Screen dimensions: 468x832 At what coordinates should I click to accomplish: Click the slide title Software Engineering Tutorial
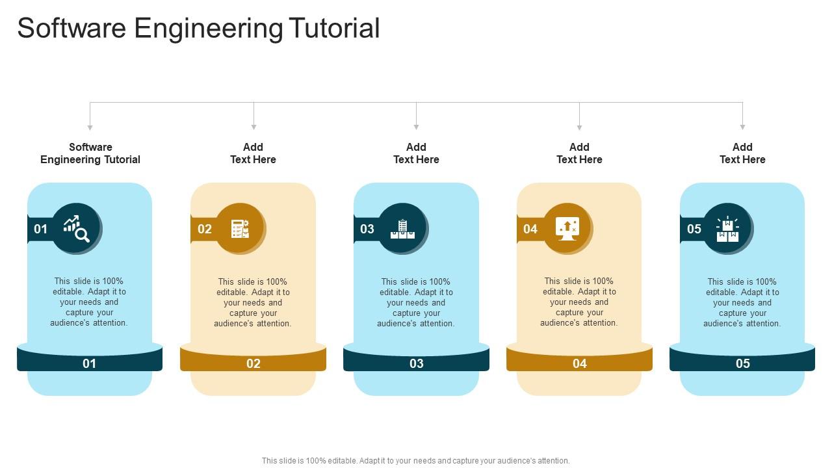pyautogui.click(x=198, y=29)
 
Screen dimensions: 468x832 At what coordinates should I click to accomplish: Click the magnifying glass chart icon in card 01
pyautogui.click(x=76, y=228)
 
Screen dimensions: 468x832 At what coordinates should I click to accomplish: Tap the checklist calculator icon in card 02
pyautogui.click(x=240, y=229)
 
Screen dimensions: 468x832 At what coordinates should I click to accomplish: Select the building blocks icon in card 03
pyautogui.click(x=402, y=229)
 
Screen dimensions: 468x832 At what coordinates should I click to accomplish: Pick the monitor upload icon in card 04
pyautogui.click(x=567, y=229)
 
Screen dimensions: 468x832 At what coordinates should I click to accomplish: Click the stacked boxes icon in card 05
pyautogui.click(x=727, y=229)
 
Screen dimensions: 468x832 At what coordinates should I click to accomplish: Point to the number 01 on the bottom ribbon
pyautogui.click(x=89, y=363)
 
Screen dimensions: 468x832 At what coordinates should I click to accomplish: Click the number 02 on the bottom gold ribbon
pyautogui.click(x=253, y=363)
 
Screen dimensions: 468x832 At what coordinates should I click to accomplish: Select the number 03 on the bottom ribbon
pyautogui.click(x=416, y=363)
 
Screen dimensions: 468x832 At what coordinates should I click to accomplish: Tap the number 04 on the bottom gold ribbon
pyautogui.click(x=579, y=363)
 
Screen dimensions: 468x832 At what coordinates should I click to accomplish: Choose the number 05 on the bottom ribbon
pyautogui.click(x=742, y=363)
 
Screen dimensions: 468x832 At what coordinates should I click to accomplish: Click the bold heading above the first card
pyautogui.click(x=90, y=153)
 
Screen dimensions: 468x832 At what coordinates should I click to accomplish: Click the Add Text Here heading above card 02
pyautogui.click(x=253, y=153)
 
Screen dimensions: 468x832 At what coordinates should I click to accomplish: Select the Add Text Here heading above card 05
pyautogui.click(x=742, y=153)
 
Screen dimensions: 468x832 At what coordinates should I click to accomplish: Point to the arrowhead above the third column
pyautogui.click(x=416, y=127)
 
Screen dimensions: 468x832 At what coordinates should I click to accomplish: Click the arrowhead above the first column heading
pyautogui.click(x=90, y=127)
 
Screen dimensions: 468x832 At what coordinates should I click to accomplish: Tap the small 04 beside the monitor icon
pyautogui.click(x=530, y=229)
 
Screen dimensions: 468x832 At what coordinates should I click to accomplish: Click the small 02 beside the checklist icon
pyautogui.click(x=205, y=229)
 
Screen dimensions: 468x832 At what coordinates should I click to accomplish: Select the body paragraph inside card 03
pyautogui.click(x=416, y=302)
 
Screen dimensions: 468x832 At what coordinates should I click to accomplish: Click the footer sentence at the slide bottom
pyautogui.click(x=415, y=460)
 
